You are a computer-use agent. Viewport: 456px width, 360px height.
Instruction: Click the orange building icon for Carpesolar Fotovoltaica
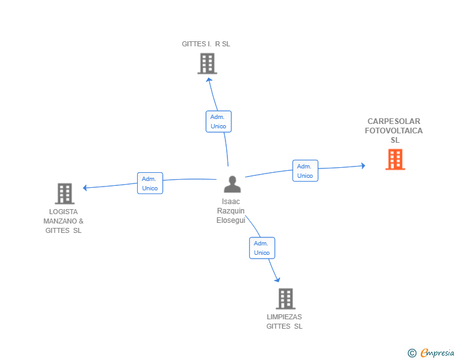click(x=395, y=160)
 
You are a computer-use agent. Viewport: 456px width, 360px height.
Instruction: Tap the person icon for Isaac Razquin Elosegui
click(x=232, y=184)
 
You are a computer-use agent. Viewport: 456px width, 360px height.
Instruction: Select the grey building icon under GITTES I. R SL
click(x=207, y=63)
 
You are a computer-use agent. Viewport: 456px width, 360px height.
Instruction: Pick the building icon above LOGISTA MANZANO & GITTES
click(x=65, y=193)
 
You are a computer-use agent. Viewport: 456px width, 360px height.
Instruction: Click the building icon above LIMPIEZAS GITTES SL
click(x=286, y=299)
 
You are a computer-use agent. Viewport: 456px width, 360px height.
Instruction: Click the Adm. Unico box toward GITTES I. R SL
click(x=219, y=121)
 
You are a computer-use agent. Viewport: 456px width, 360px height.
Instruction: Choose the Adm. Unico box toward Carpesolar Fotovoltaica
click(x=305, y=171)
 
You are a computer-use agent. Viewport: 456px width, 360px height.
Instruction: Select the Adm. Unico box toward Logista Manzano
click(x=150, y=183)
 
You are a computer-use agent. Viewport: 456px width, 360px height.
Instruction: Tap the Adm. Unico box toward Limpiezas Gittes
click(x=262, y=248)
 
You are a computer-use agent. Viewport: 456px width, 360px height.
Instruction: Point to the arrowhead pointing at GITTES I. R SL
click(x=209, y=80)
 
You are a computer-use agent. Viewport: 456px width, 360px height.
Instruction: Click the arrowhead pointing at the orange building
click(x=363, y=166)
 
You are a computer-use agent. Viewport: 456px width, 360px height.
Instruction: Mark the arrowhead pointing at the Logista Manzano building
click(x=85, y=188)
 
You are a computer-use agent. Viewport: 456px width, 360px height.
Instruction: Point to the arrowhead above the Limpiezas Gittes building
click(x=277, y=280)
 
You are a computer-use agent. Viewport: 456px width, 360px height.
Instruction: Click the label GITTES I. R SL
click(x=206, y=44)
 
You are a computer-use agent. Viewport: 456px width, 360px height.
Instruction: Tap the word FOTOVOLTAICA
click(x=394, y=131)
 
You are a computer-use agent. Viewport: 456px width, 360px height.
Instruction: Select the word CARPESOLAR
click(x=394, y=121)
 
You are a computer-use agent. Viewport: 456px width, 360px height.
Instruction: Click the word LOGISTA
click(x=63, y=212)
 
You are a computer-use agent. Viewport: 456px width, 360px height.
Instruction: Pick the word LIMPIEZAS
click(x=284, y=317)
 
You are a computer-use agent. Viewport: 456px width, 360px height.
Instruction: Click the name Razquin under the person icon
click(x=231, y=211)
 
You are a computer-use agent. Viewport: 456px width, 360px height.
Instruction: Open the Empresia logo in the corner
click(x=431, y=352)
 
